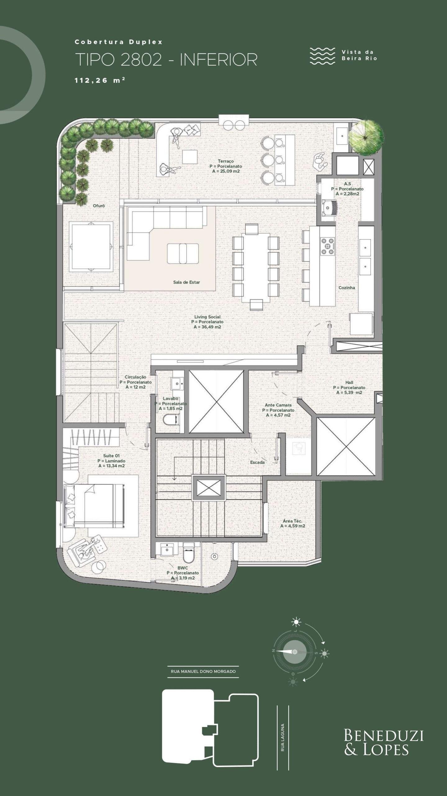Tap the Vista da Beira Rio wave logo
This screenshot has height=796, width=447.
(x=322, y=56)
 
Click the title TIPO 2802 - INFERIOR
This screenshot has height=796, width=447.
(x=166, y=59)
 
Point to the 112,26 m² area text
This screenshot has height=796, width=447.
(x=100, y=80)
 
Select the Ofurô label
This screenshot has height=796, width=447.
(x=99, y=206)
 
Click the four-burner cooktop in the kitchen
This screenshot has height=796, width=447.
(x=327, y=246)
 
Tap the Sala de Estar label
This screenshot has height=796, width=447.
(x=186, y=282)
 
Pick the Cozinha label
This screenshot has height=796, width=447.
(x=347, y=288)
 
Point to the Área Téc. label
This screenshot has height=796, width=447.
(x=293, y=521)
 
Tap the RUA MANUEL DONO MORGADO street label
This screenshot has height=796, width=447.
(x=203, y=671)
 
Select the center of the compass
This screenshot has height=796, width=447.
(x=295, y=652)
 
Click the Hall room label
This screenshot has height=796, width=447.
(x=349, y=382)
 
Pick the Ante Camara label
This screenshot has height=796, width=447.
(x=278, y=405)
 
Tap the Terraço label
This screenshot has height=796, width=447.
(x=226, y=161)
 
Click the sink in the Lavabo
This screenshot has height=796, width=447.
(x=177, y=384)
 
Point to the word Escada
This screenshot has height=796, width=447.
(x=257, y=462)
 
